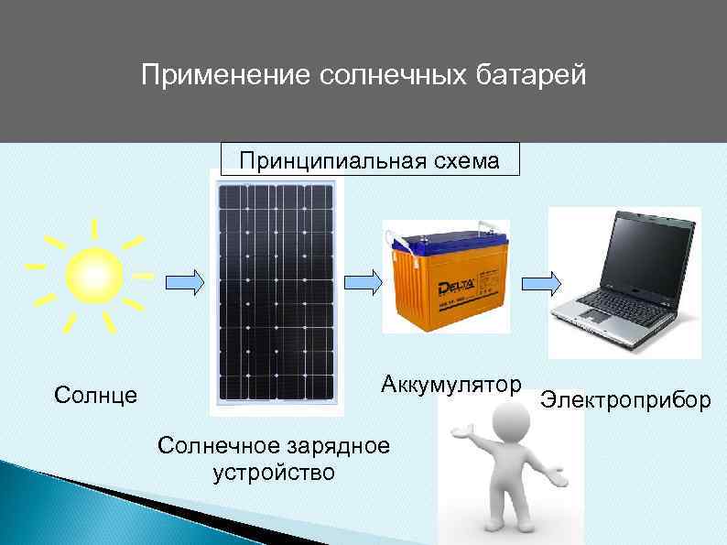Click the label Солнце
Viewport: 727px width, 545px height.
click(96, 396)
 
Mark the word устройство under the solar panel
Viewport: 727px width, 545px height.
click(274, 474)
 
